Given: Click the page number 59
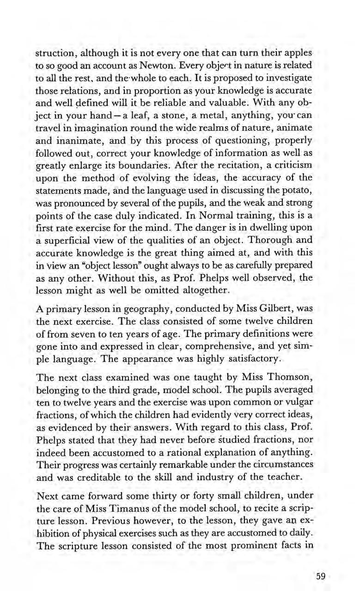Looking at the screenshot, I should click(x=320, y=575).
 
